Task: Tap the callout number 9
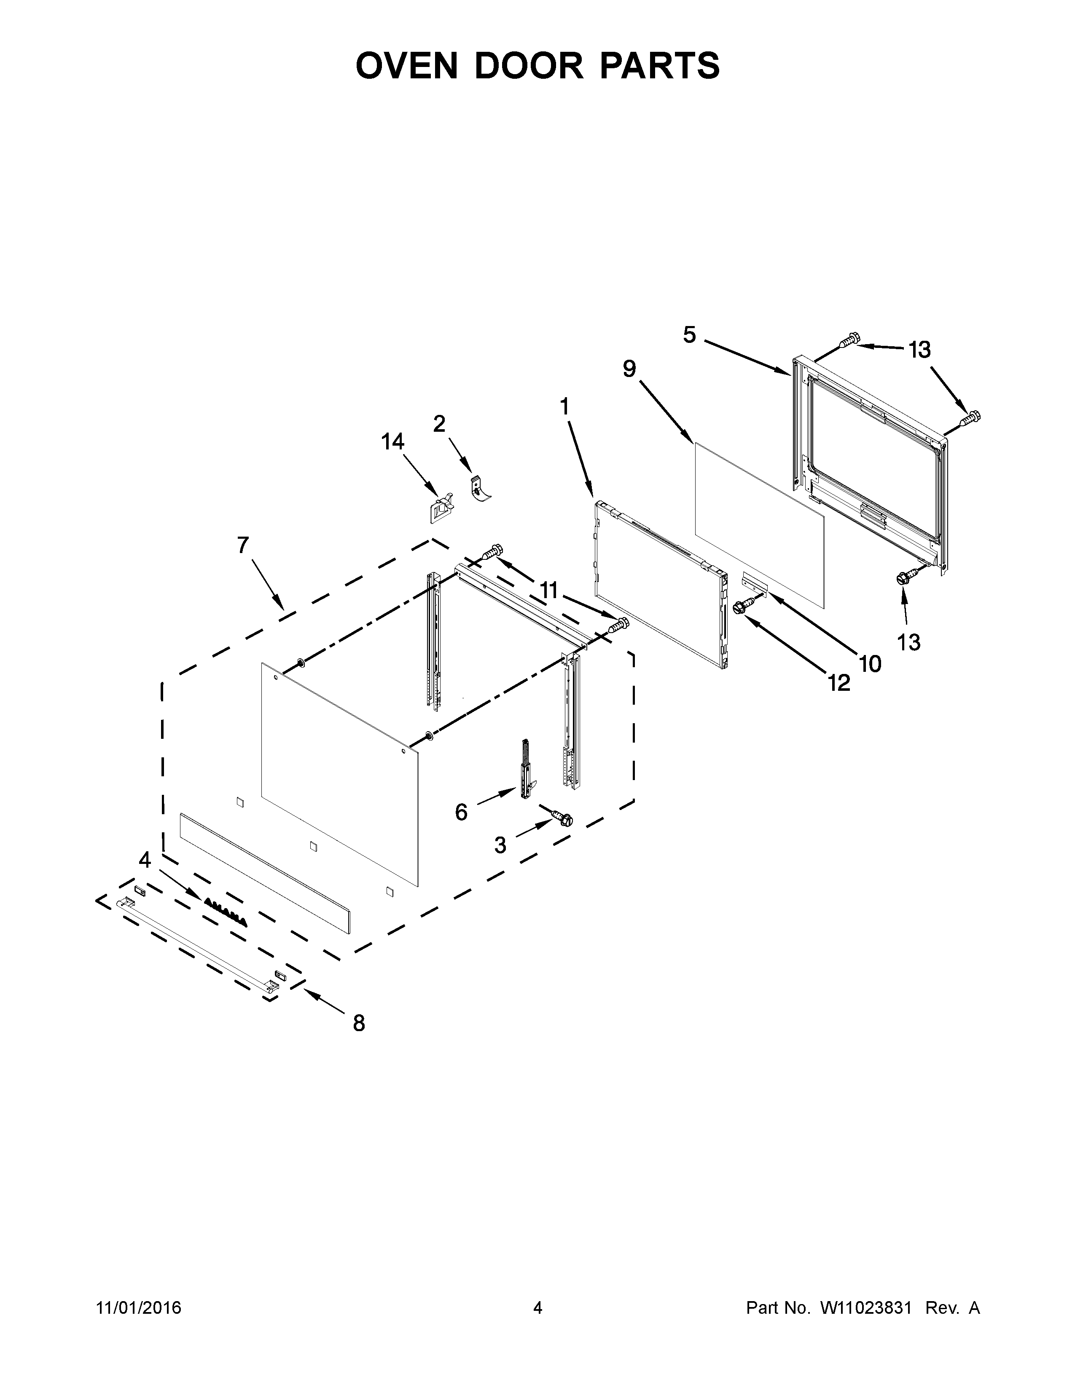[629, 369]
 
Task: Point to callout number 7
[243, 545]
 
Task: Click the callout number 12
[839, 683]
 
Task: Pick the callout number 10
[870, 664]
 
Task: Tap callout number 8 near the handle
[359, 1024]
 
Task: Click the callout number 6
[461, 812]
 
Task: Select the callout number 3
[500, 845]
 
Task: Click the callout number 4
[145, 861]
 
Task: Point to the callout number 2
[439, 423]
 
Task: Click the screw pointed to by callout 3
[560, 818]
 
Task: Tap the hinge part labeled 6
[527, 769]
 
